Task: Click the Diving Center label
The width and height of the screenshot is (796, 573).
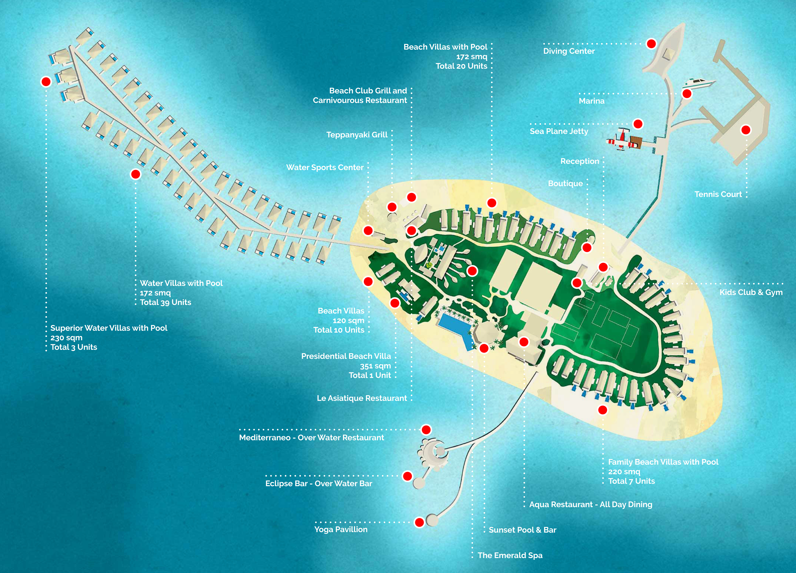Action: click(569, 51)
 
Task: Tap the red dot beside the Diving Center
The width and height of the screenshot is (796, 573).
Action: click(651, 44)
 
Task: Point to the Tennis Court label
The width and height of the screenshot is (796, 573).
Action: click(718, 194)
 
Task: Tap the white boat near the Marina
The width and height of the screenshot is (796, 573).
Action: click(698, 84)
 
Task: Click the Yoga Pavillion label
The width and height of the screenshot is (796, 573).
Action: click(341, 529)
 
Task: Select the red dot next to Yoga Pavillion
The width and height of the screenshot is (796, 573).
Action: click(419, 522)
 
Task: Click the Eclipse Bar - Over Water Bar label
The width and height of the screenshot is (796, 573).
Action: click(318, 483)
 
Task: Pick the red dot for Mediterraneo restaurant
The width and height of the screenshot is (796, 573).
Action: click(426, 430)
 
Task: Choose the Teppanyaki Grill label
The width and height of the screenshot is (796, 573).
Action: click(357, 135)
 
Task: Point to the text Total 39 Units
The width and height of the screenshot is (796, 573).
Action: click(165, 302)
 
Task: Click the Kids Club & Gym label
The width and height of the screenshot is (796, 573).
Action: click(751, 292)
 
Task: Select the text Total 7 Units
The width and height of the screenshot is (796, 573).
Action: click(631, 481)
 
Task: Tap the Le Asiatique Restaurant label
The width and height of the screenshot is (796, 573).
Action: click(362, 398)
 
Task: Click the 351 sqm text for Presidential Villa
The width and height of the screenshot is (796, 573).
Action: click(375, 366)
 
